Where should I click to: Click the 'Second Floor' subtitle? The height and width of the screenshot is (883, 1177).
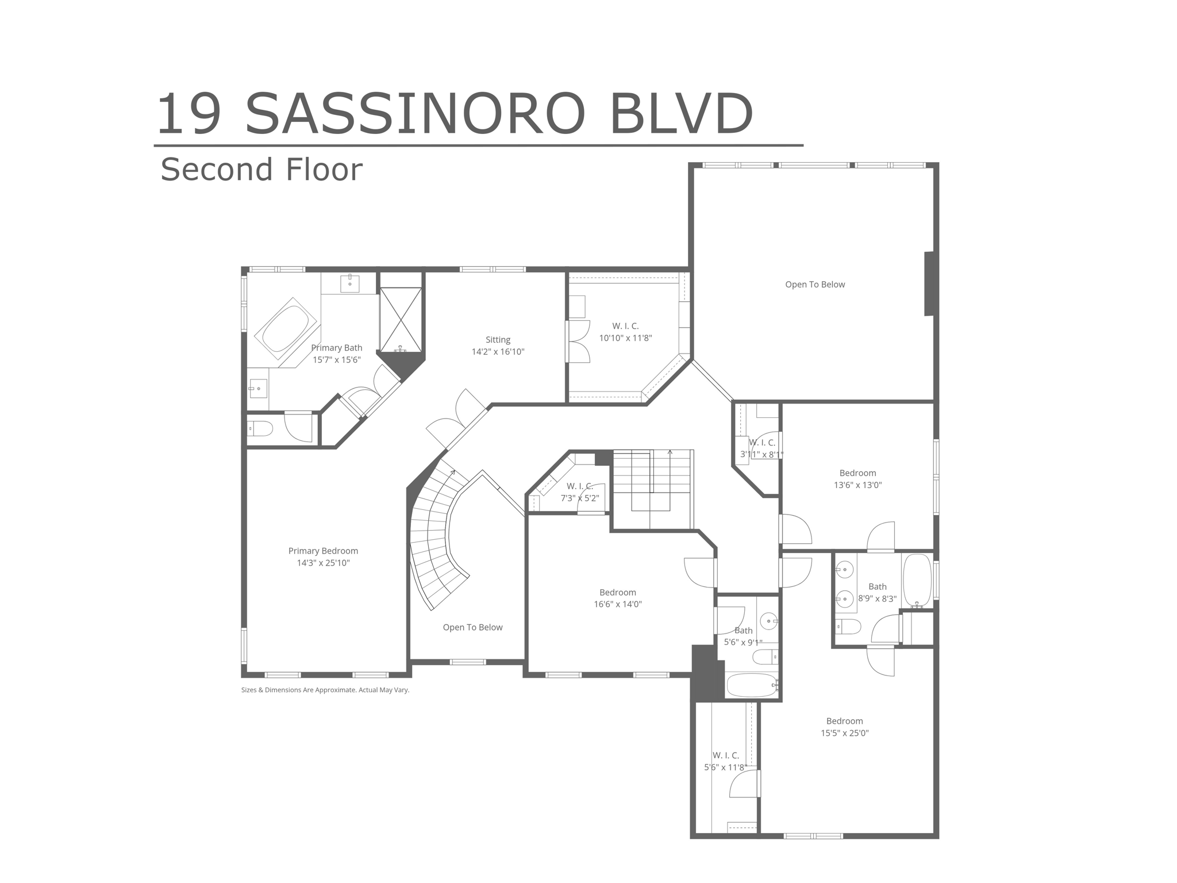[x=261, y=170]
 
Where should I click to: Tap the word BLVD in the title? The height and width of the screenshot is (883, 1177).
[x=680, y=114]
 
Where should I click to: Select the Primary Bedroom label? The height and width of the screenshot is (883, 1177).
[x=323, y=551]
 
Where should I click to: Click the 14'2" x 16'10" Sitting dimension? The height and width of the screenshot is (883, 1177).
[x=498, y=352]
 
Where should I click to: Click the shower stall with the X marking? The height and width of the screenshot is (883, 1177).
[x=401, y=320]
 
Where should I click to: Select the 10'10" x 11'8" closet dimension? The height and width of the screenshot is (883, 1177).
[x=625, y=338]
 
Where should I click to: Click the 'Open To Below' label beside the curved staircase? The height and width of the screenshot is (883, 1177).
[x=472, y=627]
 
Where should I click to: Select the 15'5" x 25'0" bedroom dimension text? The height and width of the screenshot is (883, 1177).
[x=844, y=733]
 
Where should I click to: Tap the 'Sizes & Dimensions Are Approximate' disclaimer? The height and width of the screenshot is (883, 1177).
[x=325, y=690]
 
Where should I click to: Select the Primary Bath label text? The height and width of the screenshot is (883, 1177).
[x=336, y=348]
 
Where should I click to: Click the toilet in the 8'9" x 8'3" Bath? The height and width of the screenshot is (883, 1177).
[x=848, y=626]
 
